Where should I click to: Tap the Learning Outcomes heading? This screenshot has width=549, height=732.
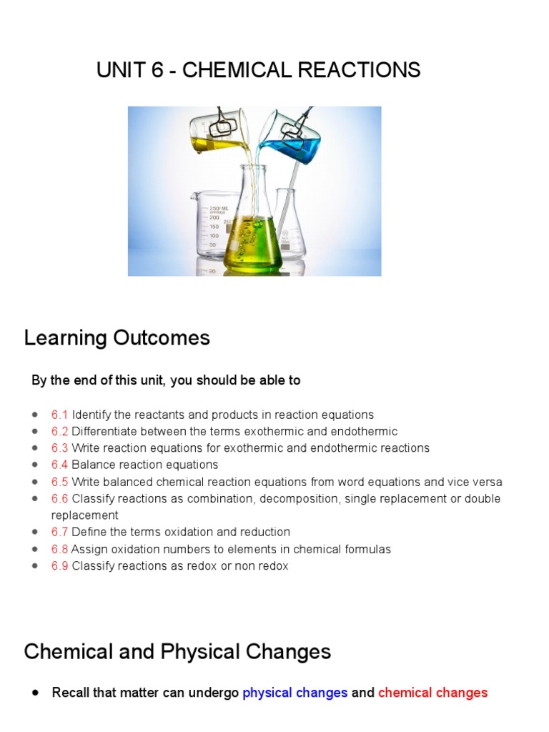117,338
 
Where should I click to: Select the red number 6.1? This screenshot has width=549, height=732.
59,415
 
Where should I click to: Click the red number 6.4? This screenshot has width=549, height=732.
59,465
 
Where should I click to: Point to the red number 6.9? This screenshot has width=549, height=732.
59,566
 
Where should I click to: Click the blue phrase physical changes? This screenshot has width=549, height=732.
295,693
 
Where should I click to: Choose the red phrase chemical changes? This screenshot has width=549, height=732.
432,693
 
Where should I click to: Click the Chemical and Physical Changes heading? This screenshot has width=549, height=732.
177,652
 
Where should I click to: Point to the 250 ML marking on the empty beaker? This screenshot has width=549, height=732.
219,208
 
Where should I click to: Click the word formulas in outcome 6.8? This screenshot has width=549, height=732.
365,549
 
